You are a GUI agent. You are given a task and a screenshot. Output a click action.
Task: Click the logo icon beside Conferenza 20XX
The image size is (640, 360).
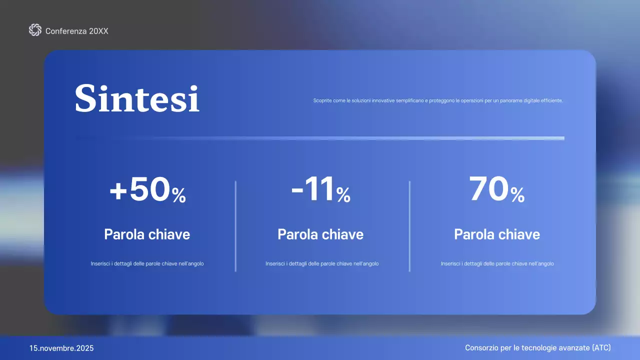point(35,30)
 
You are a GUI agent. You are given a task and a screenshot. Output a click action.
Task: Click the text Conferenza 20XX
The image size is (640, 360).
point(77,31)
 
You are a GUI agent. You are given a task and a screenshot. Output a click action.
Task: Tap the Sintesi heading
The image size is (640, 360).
point(137,98)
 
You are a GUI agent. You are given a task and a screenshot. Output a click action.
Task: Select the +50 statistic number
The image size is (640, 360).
point(140,191)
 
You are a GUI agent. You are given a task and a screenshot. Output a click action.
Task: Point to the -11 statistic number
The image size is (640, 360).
point(313,190)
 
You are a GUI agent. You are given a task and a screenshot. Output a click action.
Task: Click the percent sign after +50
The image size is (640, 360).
point(179,195)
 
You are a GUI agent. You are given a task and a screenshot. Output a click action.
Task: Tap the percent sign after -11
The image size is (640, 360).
point(343,195)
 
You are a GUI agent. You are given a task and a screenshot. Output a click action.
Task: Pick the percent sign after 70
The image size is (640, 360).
point(518,195)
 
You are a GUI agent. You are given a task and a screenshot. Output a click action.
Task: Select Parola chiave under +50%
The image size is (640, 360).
point(147,234)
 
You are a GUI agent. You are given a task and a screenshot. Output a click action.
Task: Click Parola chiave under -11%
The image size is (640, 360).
point(320,234)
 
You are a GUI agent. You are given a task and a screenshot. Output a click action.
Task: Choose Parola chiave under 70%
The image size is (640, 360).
point(497,234)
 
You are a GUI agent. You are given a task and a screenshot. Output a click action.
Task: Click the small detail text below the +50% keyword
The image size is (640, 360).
point(147,263)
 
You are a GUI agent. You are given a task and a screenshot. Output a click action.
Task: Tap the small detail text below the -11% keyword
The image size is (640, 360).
point(322,263)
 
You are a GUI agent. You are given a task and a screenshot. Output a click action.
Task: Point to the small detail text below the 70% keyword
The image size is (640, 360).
point(497,263)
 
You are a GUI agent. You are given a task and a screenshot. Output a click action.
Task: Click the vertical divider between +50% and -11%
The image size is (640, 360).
point(235,226)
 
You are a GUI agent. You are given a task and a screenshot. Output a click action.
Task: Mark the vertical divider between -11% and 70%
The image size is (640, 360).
point(409,226)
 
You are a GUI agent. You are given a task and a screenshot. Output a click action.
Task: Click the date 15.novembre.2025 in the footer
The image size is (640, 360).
point(61,348)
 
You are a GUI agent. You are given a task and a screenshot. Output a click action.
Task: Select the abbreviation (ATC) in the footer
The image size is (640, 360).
point(601,347)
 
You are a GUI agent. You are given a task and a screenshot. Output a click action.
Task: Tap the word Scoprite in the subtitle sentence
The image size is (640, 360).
point(323,100)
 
